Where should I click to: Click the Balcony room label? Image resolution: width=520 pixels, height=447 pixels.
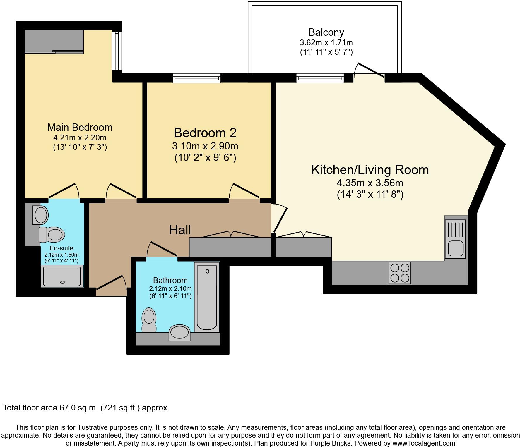(326, 32)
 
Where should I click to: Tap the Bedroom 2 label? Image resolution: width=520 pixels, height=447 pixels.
(205, 133)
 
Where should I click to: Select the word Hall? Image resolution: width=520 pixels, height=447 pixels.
(180, 230)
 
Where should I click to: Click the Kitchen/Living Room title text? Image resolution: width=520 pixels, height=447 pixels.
(370, 170)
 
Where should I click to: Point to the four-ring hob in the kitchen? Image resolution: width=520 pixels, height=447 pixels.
(400, 273)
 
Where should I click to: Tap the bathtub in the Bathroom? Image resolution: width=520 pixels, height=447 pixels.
(207, 297)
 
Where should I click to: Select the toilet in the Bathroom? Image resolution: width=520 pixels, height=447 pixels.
(149, 320)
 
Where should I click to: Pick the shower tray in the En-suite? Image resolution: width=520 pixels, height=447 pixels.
(62, 276)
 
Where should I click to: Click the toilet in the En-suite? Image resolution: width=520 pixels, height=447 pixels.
(52, 235)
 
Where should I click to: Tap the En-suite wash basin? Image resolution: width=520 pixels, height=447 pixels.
(41, 215)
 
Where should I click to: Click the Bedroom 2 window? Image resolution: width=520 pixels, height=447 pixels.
(197, 78)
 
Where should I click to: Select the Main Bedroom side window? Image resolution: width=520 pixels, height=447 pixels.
(117, 51)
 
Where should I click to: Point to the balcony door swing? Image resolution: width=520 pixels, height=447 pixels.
(369, 70)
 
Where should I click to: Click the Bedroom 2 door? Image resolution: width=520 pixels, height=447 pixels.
(244, 191)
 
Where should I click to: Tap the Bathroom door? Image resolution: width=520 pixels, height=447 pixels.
(162, 249)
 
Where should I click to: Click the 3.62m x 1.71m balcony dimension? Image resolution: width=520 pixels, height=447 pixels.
(326, 43)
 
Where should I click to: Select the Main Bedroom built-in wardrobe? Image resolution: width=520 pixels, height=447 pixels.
(54, 42)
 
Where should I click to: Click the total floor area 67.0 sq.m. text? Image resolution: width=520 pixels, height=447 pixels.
(85, 408)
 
